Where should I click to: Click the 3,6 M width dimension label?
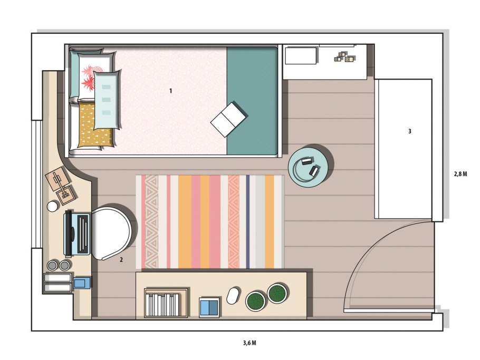249,343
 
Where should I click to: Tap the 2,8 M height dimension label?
460,174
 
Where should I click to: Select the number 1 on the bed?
170,91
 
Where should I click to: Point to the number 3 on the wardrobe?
410,131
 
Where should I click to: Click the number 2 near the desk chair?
121,260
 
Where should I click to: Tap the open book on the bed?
229,119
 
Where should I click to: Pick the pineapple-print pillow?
93,76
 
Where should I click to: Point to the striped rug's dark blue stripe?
248,222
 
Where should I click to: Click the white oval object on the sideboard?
234,295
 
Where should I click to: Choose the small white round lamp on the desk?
52,206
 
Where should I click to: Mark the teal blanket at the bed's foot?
252,100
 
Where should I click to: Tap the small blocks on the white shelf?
344,56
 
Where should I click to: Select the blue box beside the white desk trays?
82,283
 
